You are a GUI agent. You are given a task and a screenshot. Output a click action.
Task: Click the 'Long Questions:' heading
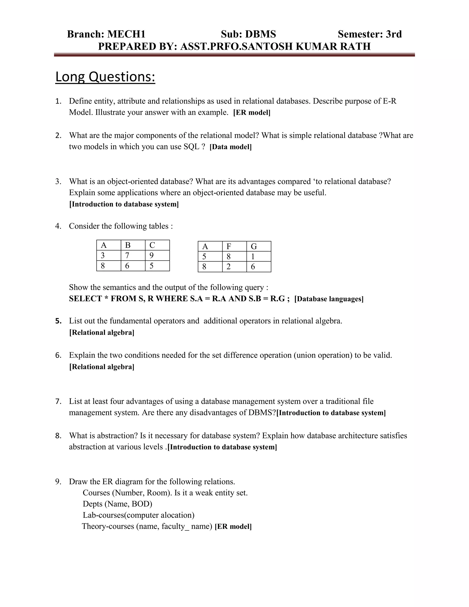pos(105,77)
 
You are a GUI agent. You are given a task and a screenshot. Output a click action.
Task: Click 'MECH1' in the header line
pos(126,34)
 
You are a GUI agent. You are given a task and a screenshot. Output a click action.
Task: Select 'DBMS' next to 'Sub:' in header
pos(260,34)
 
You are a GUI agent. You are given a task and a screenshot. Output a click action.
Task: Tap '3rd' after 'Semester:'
pos(394,34)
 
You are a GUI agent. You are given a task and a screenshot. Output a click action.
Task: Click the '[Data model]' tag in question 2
pos(230,147)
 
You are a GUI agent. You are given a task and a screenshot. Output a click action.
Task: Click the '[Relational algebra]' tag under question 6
pos(102,367)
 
